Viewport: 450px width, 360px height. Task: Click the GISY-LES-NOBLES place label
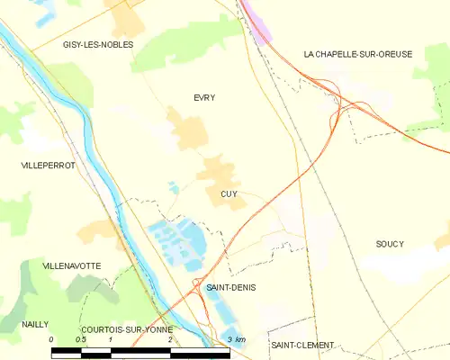(x=98, y=44)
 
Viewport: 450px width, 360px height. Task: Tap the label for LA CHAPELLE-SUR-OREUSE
(x=357, y=54)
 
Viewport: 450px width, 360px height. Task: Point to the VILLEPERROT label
(x=48, y=166)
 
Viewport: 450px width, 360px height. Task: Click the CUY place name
(x=229, y=193)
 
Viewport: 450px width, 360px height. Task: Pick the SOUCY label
(x=390, y=244)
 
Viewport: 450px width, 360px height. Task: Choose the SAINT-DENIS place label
(x=229, y=287)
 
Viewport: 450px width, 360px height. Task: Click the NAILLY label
(x=37, y=324)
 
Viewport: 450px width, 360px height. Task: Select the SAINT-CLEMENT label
(x=302, y=346)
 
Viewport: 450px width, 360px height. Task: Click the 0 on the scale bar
(x=52, y=339)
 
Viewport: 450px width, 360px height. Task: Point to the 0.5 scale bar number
(x=81, y=339)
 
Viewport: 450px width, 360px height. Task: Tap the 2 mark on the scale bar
(x=169, y=339)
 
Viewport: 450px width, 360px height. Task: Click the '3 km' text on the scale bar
(x=237, y=339)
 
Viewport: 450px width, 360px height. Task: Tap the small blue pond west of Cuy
(x=173, y=187)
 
